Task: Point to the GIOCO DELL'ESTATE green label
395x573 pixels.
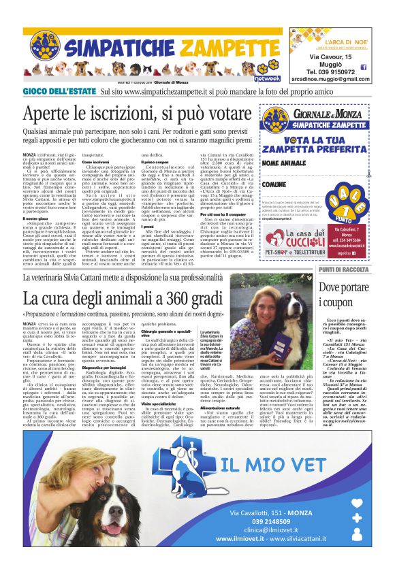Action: coord(59,91)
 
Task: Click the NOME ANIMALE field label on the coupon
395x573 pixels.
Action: coord(283,164)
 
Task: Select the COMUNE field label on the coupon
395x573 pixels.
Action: coord(273,184)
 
